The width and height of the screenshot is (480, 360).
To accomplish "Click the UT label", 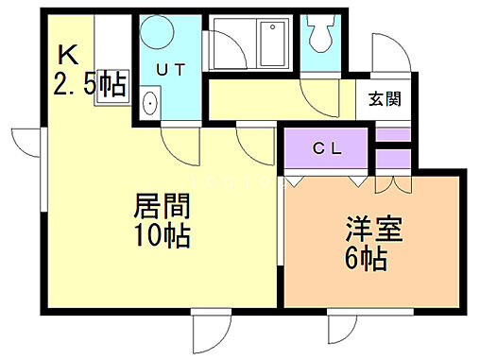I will click(x=169, y=69).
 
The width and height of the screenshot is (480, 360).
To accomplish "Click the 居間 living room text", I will click(x=163, y=205).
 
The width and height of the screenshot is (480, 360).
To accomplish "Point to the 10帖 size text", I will click(x=163, y=234).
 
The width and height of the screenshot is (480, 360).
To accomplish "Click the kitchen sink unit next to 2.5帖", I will click(x=111, y=72).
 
